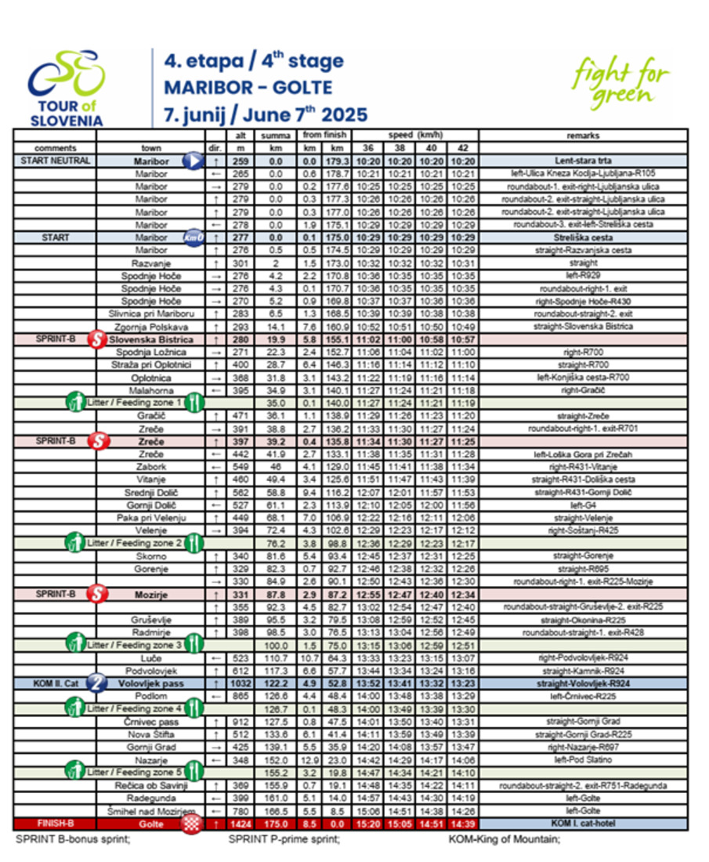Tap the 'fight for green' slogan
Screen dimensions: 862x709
620,81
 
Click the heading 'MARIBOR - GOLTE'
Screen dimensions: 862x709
248,87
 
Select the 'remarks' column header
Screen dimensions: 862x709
582,136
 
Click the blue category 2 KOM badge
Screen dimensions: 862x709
98,683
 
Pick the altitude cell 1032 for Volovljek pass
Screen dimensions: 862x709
241,683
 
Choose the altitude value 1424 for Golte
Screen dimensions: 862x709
241,824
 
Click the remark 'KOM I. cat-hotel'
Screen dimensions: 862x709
582,824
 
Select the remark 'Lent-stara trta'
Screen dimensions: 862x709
582,161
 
